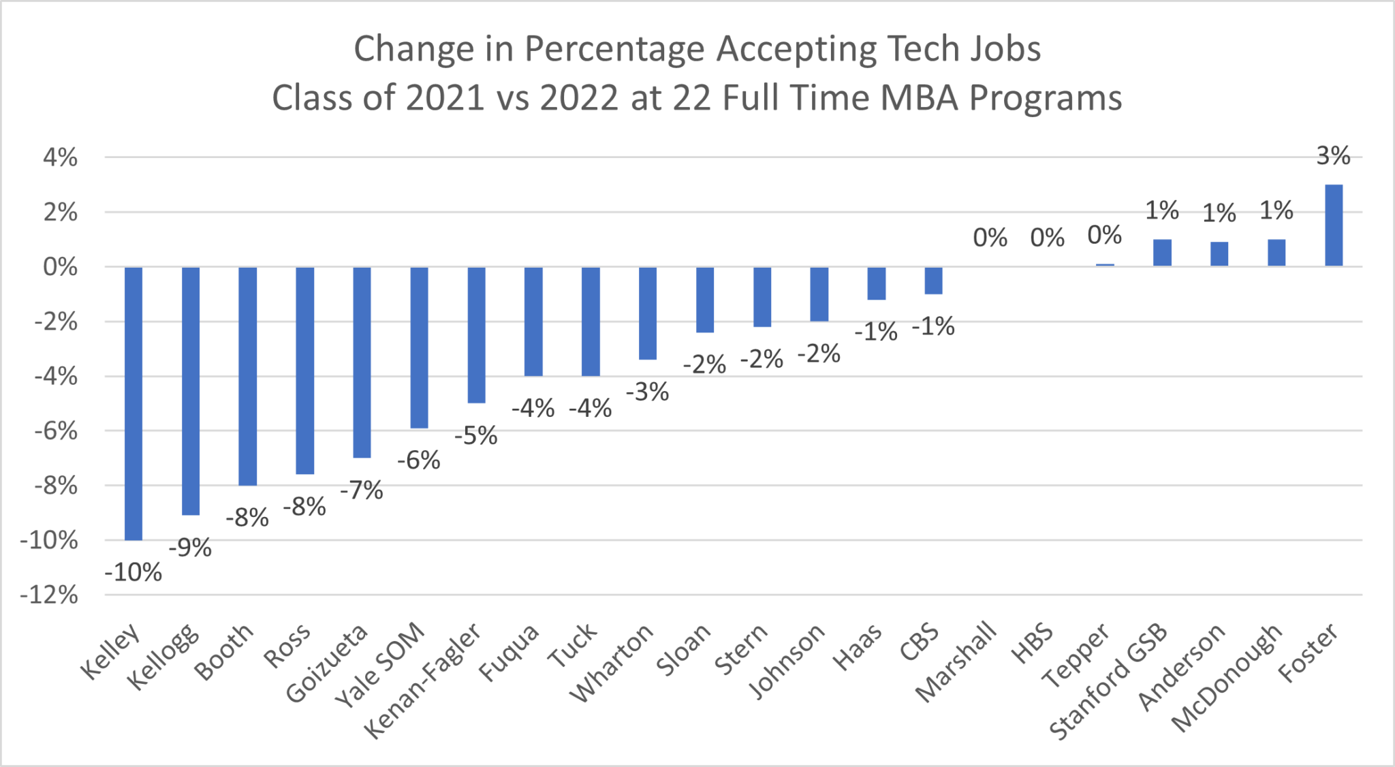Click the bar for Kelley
pyautogui.click(x=134, y=403)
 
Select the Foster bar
pyautogui.click(x=1333, y=225)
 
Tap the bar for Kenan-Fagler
pyautogui.click(x=476, y=334)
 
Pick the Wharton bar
pyautogui.click(x=648, y=313)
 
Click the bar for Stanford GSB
pyautogui.click(x=1162, y=253)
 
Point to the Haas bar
pyautogui.click(x=876, y=283)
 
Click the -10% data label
pyautogui.click(x=134, y=572)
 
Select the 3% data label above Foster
pyautogui.click(x=1333, y=156)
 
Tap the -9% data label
pyautogui.click(x=190, y=547)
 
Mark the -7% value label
pyautogui.click(x=362, y=490)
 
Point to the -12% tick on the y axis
pyautogui.click(x=49, y=595)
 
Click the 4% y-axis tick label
pyautogui.click(x=60, y=158)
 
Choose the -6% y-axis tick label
pyautogui.click(x=55, y=431)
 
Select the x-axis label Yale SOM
pyautogui.click(x=380, y=666)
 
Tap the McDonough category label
pyautogui.click(x=1227, y=678)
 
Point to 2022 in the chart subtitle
pyautogui.click(x=579, y=98)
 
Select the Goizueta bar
pyautogui.click(x=362, y=362)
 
